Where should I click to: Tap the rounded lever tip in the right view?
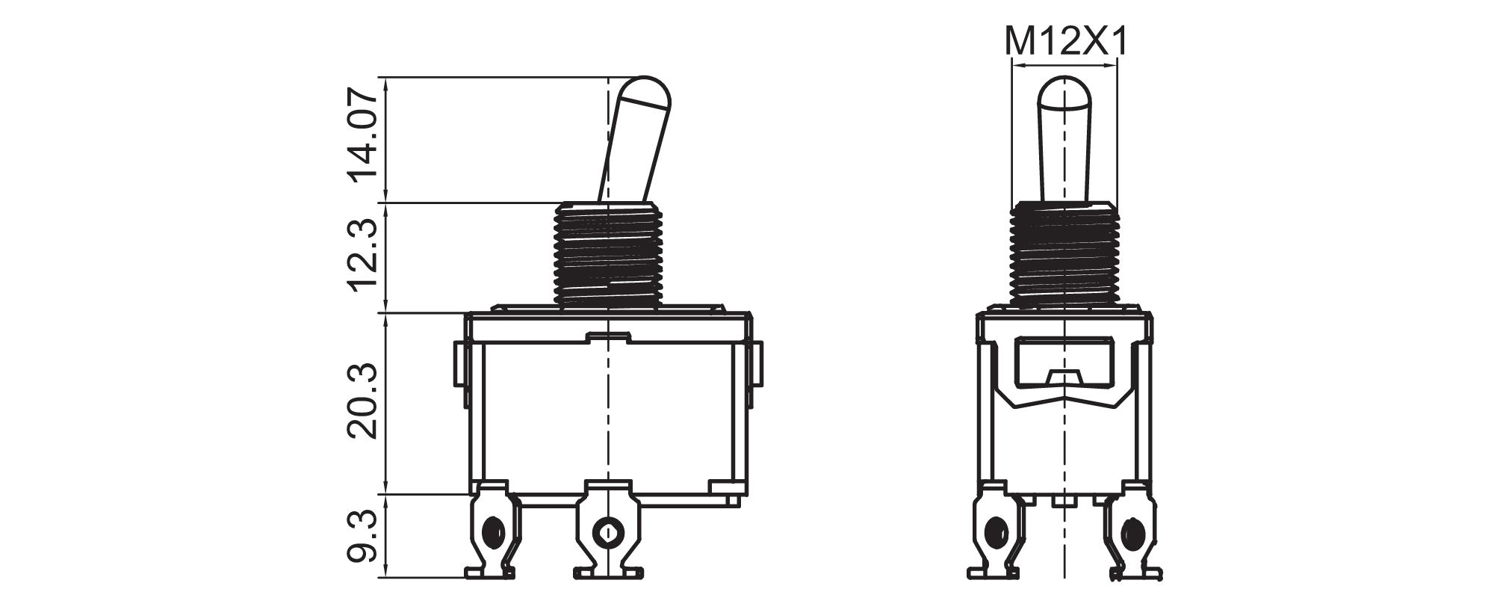[x=1063, y=93]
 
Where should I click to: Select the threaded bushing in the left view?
[x=609, y=254]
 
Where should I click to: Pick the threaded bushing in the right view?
[x=1064, y=254]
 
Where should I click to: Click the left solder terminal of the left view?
[x=490, y=531]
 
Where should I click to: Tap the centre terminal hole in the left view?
[x=607, y=532]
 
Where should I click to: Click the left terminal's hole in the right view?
[x=995, y=532]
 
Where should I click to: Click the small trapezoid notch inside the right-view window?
[x=1063, y=377]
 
